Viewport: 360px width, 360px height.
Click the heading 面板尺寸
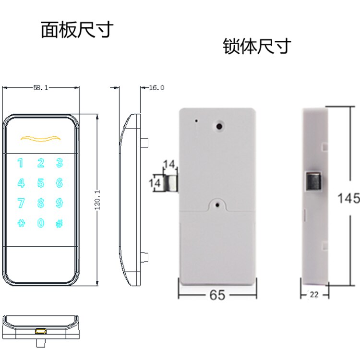tap(76, 30)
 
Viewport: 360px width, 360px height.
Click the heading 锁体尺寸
tap(257, 47)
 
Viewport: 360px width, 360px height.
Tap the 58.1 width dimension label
tap(41, 88)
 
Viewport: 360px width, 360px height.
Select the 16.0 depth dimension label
tap(156, 88)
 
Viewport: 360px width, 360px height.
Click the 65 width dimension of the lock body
tap(217, 295)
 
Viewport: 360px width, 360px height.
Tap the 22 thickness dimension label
tap(314, 295)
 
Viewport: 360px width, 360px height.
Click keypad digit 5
tap(40, 183)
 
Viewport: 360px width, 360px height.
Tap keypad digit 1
tap(21, 163)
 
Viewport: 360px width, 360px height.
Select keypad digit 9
tap(59, 203)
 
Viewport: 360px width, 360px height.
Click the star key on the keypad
tap(21, 223)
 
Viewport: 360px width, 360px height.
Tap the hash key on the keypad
tap(59, 223)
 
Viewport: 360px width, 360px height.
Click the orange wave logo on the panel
tap(40, 139)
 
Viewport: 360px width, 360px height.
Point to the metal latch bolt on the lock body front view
tap(167, 183)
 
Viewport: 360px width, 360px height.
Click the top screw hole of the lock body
tap(219, 127)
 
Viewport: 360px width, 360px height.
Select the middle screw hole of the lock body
tap(218, 205)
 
